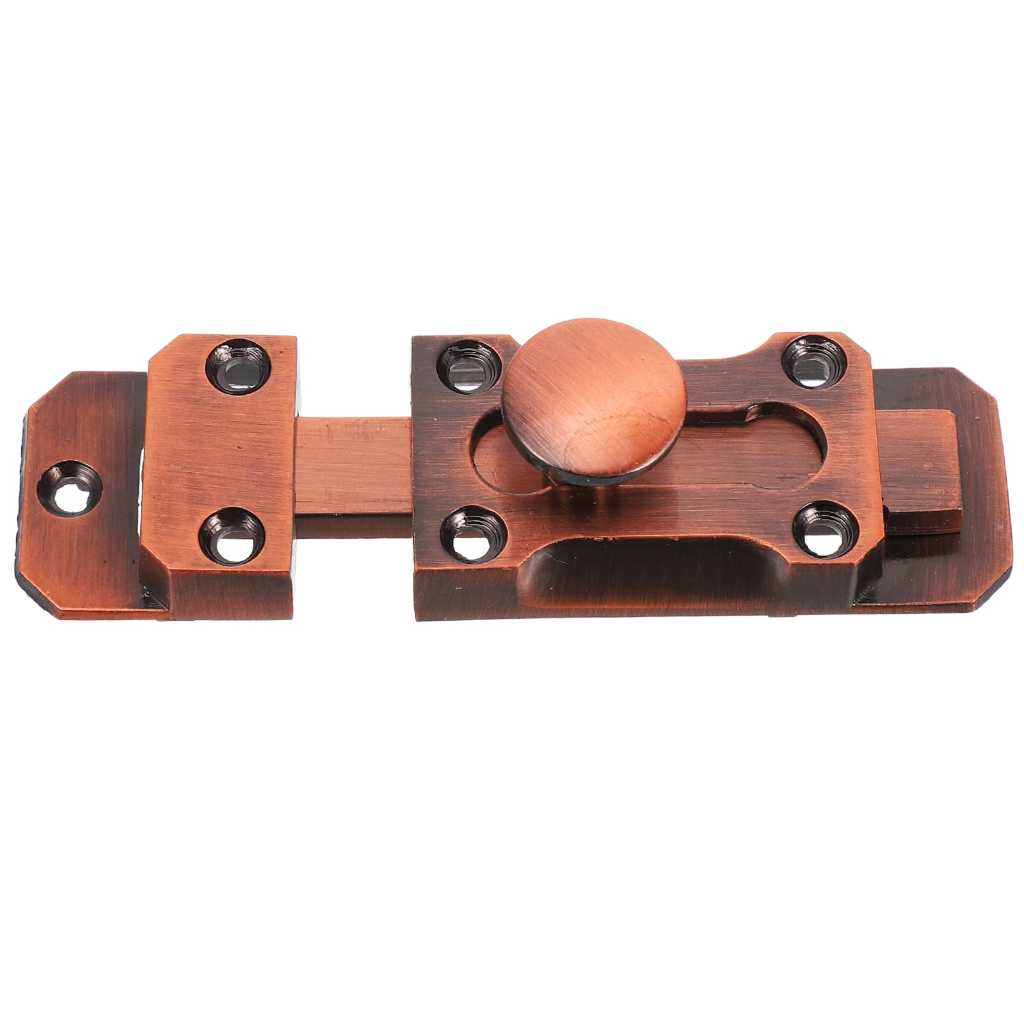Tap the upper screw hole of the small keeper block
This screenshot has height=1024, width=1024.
(x=237, y=363)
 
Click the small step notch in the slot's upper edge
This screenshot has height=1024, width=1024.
(x=749, y=413)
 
